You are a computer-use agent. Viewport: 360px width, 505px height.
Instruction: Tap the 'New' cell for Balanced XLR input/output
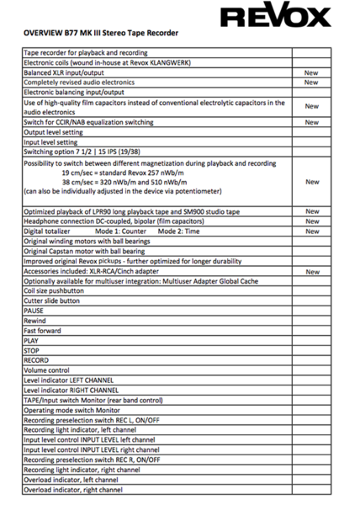point(311,73)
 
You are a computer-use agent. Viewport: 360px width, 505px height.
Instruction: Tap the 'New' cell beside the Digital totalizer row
point(311,231)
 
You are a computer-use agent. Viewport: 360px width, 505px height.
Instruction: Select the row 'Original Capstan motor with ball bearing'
point(93,251)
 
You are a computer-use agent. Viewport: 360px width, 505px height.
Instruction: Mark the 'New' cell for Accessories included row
point(311,271)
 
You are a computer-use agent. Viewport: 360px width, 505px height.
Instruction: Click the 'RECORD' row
point(37,360)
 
